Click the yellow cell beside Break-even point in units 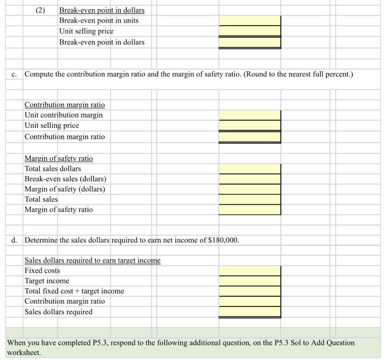click(x=249, y=21)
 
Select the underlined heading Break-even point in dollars click(x=102, y=10)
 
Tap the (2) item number click(x=40, y=10)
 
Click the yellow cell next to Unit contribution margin click(x=249, y=115)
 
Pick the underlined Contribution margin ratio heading click(x=65, y=105)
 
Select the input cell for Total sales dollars click(x=249, y=169)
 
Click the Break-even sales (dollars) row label click(x=66, y=179)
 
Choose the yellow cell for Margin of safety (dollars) click(x=249, y=189)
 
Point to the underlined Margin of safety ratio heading click(x=59, y=158)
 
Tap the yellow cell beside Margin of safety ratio click(x=249, y=210)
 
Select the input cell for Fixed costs click(x=249, y=271)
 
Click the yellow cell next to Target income click(x=249, y=281)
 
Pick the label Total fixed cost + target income click(x=74, y=291)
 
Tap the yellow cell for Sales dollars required click(x=249, y=312)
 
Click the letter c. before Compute click(x=14, y=74)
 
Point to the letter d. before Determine click(x=14, y=240)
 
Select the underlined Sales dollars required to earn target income click(x=93, y=261)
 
